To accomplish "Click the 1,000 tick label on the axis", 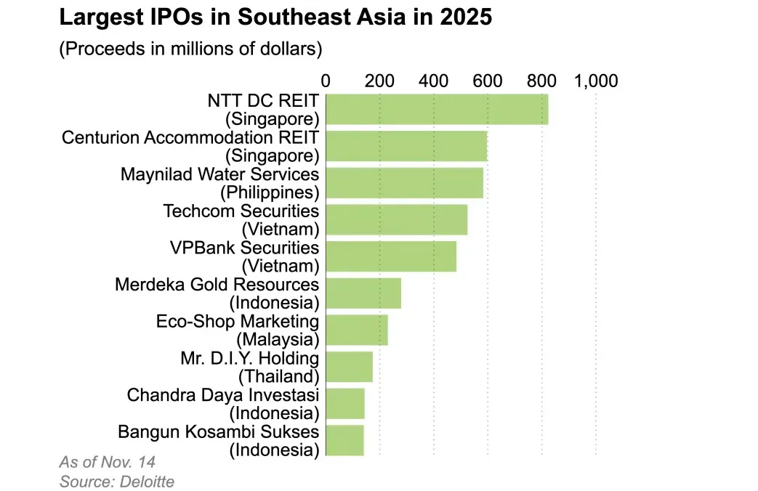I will click(x=596, y=81).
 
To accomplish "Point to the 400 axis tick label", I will click(x=433, y=81).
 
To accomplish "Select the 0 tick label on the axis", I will click(x=326, y=81).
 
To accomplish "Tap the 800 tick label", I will click(x=541, y=81).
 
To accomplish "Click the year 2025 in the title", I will click(x=467, y=17).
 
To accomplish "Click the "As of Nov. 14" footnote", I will click(x=107, y=462).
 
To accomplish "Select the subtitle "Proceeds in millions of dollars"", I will click(x=190, y=49).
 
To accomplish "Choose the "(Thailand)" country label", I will click(x=278, y=376).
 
